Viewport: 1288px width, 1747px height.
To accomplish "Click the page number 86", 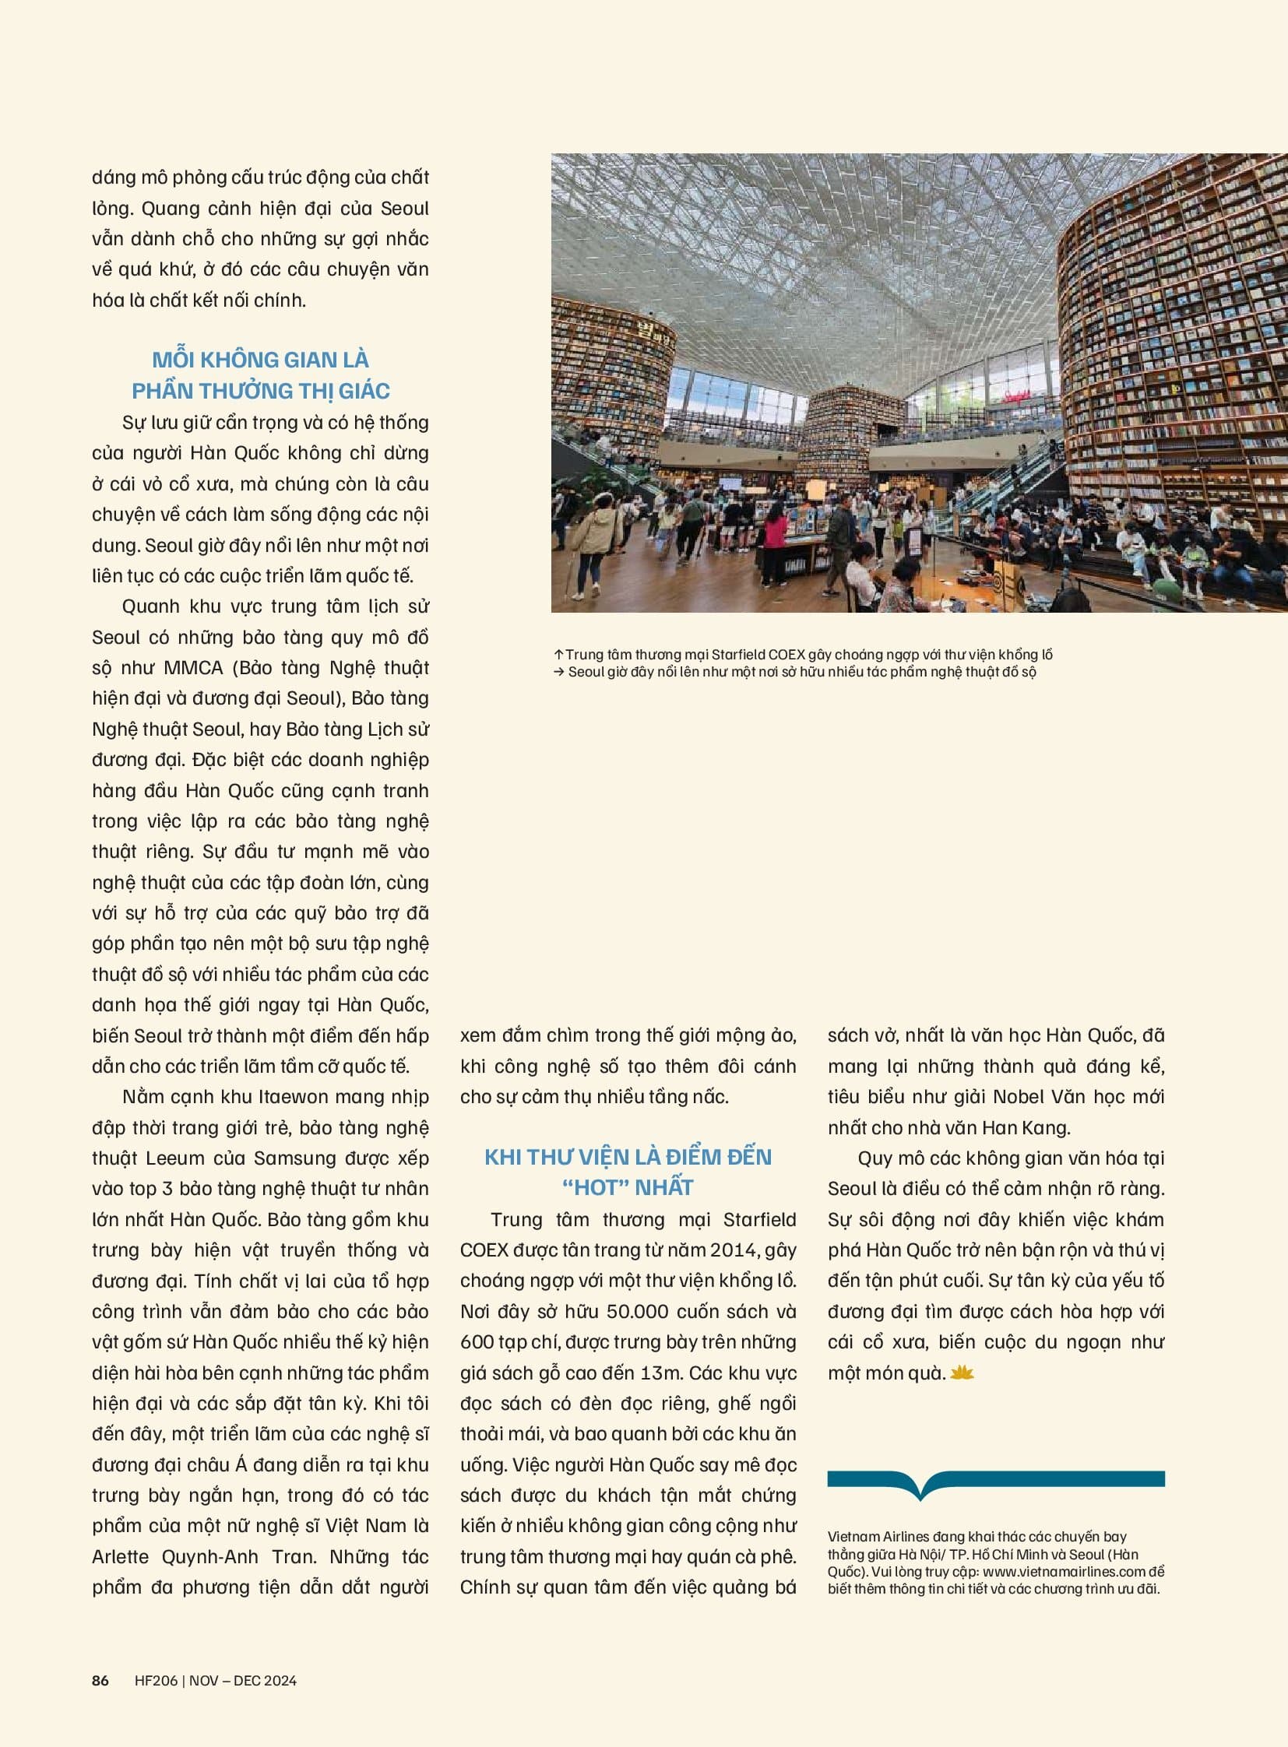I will tap(100, 1680).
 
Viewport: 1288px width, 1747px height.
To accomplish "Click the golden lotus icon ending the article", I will tap(962, 1373).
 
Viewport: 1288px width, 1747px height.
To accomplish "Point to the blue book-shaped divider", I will tap(996, 1484).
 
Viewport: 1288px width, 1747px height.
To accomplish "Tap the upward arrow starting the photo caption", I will tap(558, 655).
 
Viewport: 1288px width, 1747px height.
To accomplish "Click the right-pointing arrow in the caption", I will tap(558, 672).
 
